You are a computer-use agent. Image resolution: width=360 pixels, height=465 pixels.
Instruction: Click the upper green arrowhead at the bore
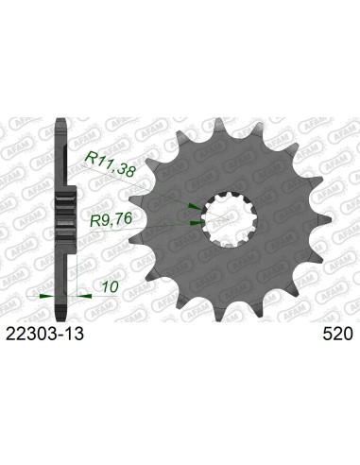coord(194,205)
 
